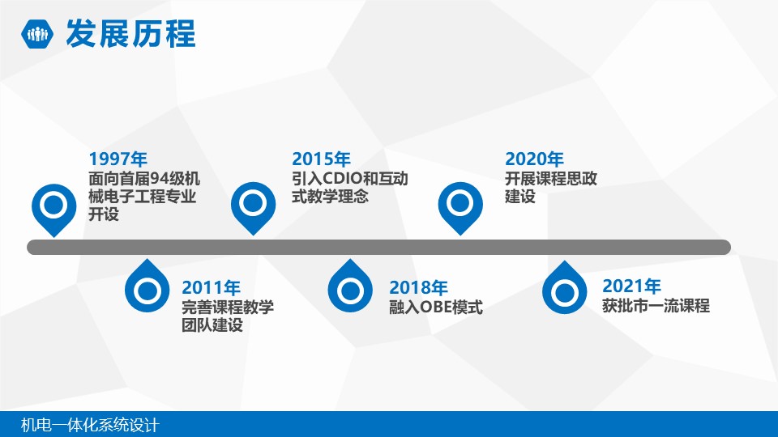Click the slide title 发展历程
[130, 34]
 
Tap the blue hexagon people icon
[37, 34]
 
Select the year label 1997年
[118, 159]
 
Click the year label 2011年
[211, 287]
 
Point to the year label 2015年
[321, 159]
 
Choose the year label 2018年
[418, 287]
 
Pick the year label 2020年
[534, 159]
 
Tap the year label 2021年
[631, 286]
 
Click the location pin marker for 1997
[54, 209]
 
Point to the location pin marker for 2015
[253, 208]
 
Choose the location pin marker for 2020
[460, 208]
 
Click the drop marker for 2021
[565, 288]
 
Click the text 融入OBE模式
[436, 308]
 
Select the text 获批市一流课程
[656, 305]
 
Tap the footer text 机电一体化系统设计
[90, 425]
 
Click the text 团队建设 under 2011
[212, 325]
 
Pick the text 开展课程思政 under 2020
[551, 178]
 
